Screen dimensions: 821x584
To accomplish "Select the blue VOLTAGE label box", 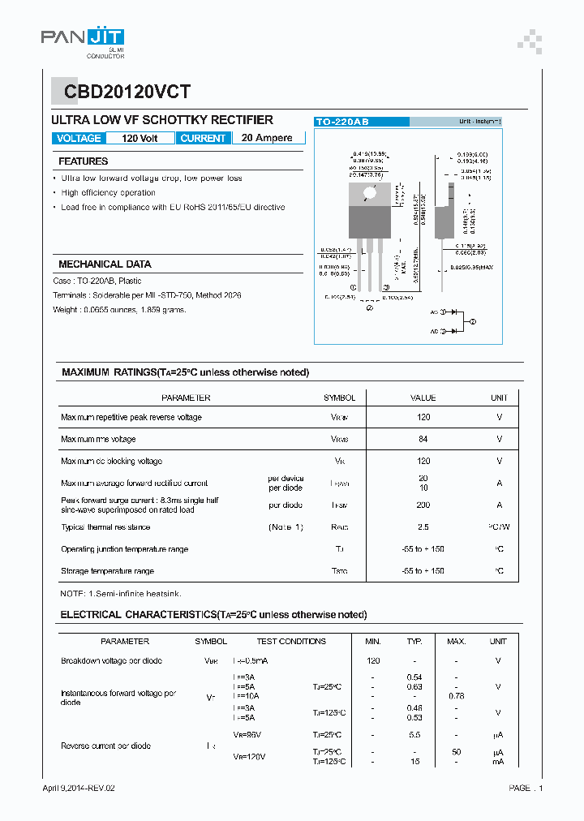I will pos(79,139).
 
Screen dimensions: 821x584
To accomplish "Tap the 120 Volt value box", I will pos(140,139).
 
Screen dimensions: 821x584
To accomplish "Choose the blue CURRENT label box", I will pos(203,139).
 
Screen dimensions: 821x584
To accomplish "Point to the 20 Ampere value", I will pos(267,138).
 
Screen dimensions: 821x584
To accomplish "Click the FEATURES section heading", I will pos(83,161).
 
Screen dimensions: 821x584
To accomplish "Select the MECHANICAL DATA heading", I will pos(105,264).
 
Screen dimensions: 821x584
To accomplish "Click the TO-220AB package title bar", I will pos(362,121).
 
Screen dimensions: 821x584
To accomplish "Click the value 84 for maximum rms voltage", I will pos(423,439).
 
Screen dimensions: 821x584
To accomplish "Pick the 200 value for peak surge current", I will pos(423,505).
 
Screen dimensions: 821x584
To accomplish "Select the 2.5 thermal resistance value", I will pos(423,527).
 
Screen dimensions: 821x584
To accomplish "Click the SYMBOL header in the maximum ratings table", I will pos(339,398).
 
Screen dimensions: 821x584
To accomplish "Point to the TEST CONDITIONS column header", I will pos(291,641).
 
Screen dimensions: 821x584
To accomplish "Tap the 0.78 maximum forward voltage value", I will pos(457,696).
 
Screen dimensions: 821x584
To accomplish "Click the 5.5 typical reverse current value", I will pos(414,734).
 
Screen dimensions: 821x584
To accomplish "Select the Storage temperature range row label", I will pos(107,571).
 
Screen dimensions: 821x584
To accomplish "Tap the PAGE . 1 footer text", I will pos(526,788).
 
